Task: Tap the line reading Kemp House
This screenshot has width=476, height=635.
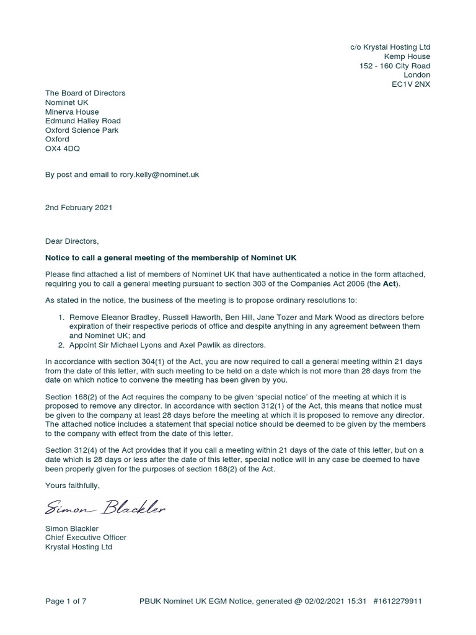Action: click(x=407, y=56)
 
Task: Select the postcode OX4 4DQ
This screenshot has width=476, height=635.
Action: click(x=63, y=149)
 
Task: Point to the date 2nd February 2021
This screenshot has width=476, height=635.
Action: click(x=79, y=208)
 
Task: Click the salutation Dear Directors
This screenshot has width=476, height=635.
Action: click(x=72, y=241)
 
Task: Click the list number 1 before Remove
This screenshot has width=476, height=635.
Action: click(x=61, y=317)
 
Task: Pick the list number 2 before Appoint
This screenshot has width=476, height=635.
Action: click(x=61, y=345)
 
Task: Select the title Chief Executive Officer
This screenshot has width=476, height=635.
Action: click(x=86, y=538)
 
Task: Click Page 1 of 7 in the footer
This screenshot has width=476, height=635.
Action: click(x=66, y=601)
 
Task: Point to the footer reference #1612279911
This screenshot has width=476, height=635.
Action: click(x=399, y=601)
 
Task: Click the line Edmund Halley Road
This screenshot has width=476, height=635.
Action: click(x=83, y=121)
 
